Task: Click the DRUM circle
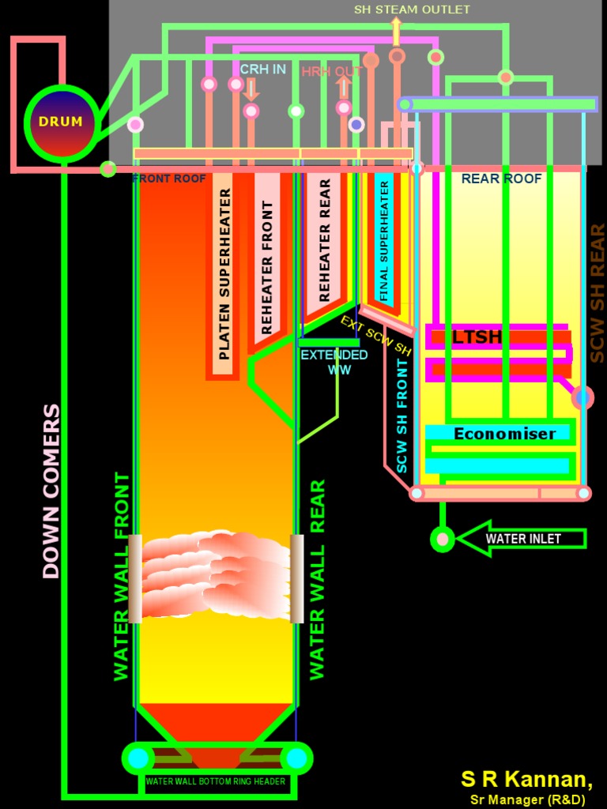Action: point(61,122)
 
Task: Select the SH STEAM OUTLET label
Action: point(411,9)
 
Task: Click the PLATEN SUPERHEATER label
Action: point(224,273)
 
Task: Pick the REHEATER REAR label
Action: point(324,240)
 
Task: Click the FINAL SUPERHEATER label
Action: point(384,241)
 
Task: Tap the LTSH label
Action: point(477,337)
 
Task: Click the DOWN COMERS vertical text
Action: point(51,491)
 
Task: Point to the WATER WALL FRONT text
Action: point(121,576)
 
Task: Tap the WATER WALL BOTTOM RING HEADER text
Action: point(215,781)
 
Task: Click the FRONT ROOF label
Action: point(168,179)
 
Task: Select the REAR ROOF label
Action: point(501,179)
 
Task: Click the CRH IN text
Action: point(262,70)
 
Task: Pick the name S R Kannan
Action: point(526,779)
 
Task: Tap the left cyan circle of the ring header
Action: point(138,758)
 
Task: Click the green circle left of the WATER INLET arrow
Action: point(443,539)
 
